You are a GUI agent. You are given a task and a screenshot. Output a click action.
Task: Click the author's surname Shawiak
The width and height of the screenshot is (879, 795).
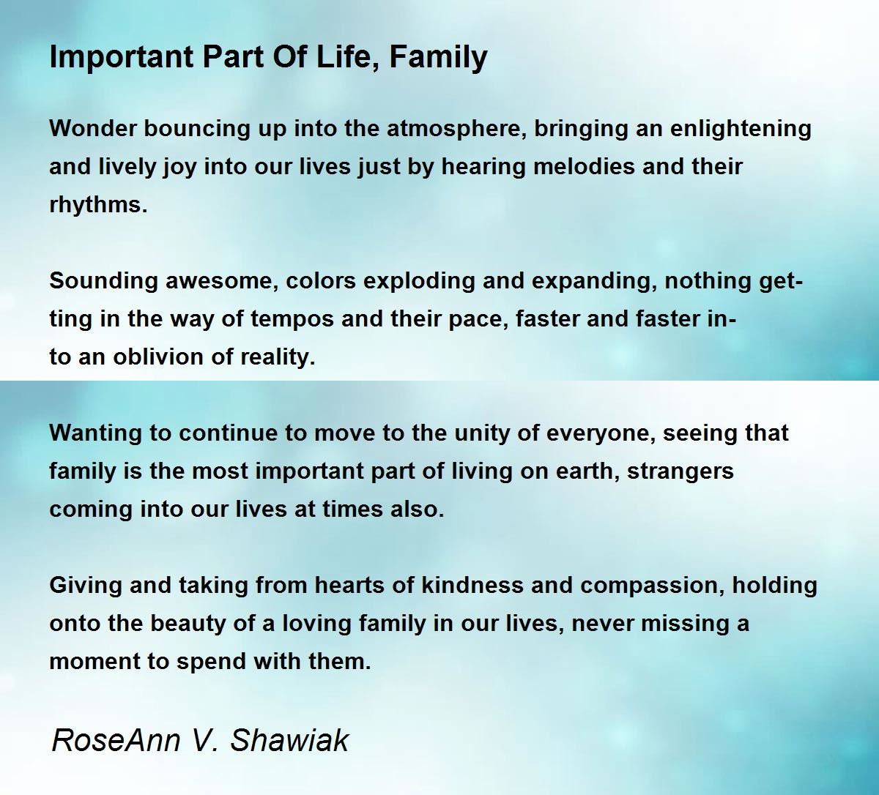tap(289, 740)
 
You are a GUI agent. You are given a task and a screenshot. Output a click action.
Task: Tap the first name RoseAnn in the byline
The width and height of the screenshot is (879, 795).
tap(116, 740)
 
